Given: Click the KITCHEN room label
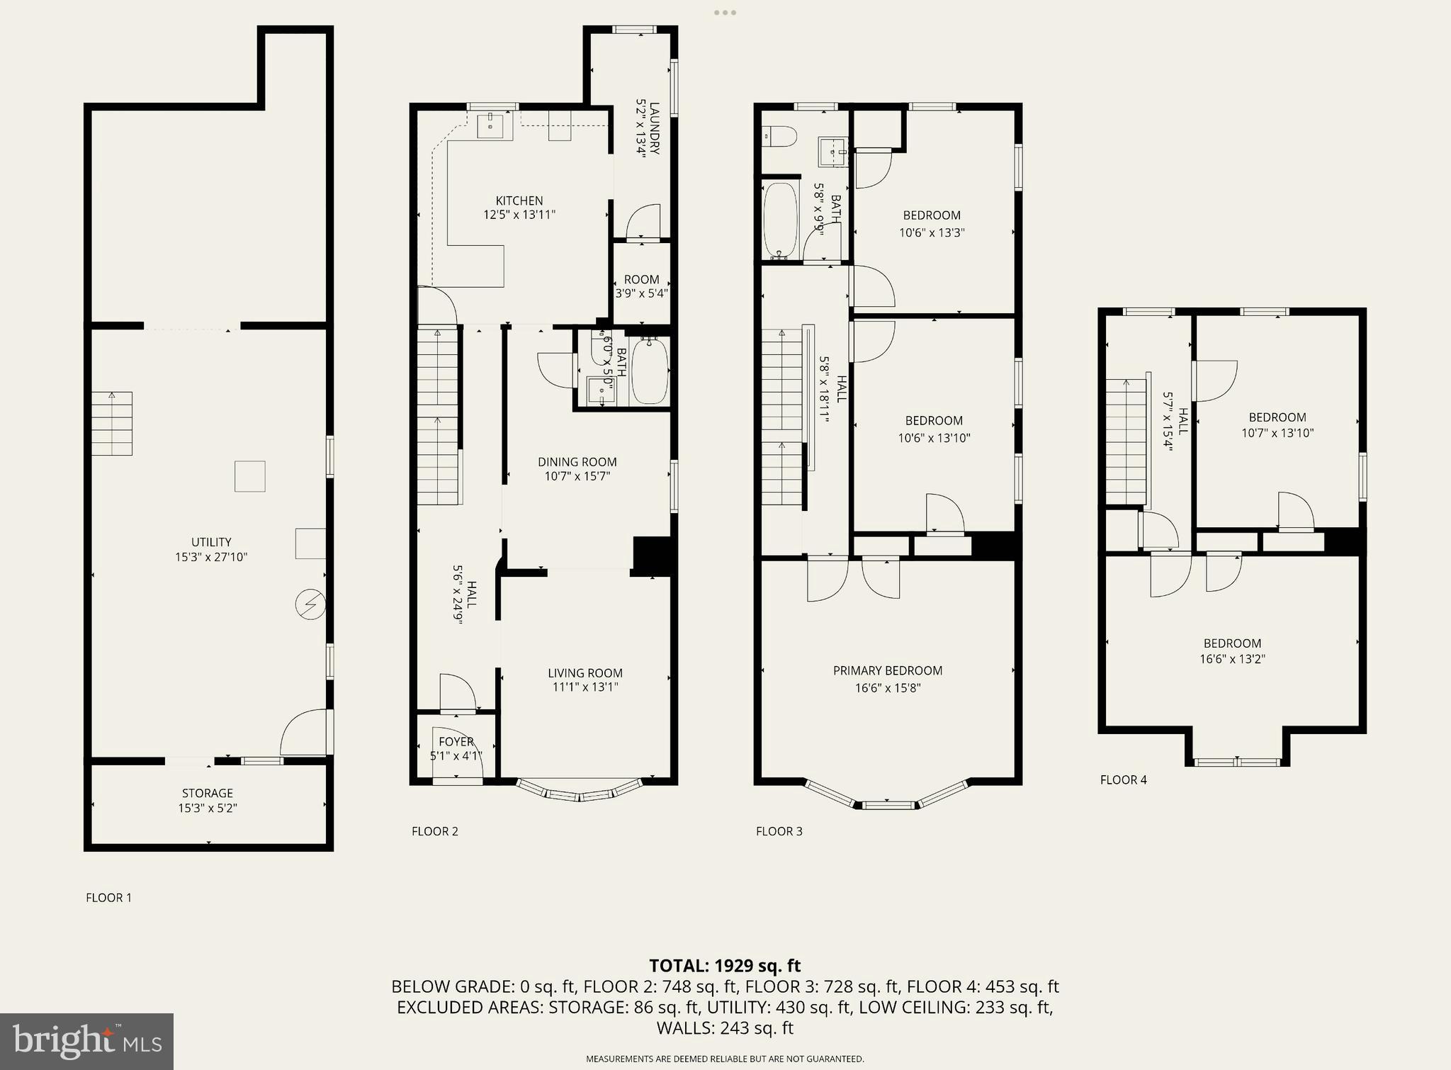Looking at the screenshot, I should pos(519,201).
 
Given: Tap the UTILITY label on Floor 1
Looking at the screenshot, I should pos(211,543).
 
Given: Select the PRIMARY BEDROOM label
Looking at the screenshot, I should pos(887,671).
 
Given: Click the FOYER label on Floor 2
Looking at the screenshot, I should pos(456,742).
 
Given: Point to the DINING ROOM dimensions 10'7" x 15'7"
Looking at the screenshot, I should pos(577,477).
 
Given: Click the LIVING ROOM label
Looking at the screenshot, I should pos(585,673).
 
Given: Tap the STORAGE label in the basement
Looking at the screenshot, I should pos(207,794).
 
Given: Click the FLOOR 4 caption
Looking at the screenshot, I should pos(1123,780).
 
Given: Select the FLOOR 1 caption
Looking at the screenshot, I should pos(108,898).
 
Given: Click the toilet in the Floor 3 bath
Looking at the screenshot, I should pos(779,136).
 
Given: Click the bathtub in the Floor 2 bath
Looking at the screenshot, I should pos(650,371).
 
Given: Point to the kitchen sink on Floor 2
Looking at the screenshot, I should pos(490,126).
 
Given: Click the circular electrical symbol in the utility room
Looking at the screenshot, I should pos(310,604).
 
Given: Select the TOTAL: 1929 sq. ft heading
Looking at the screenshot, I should pos(724,966).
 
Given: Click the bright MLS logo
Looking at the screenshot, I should pos(86,1041).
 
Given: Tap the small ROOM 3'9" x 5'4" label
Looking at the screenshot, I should pos(641,286).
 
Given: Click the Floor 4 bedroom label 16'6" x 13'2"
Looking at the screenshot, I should pos(1232,651).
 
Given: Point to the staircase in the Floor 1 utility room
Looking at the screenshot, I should pos(112,423).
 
